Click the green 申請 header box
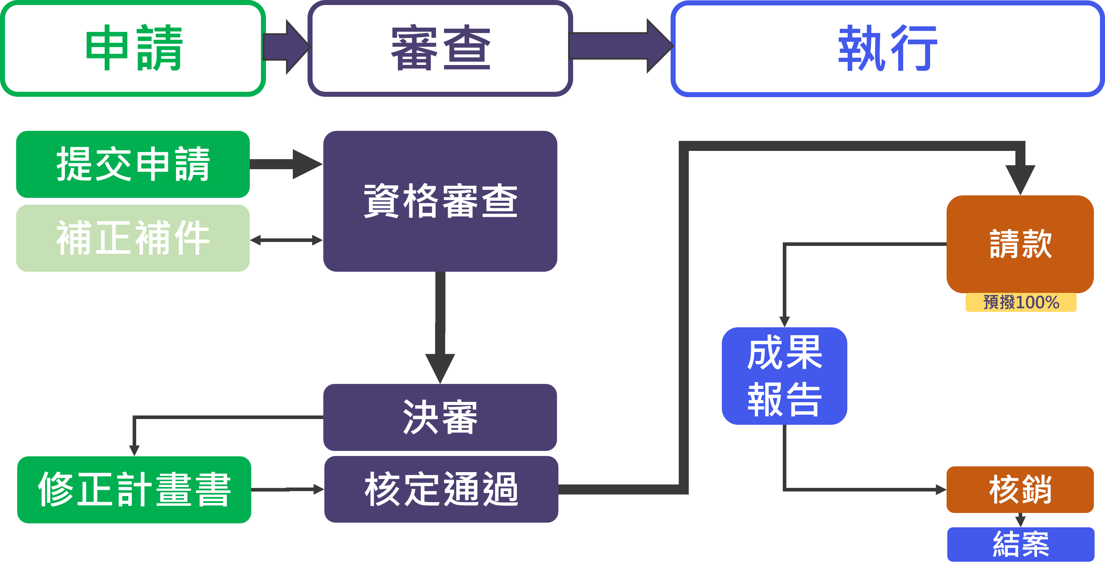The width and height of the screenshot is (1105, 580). pyautogui.click(x=133, y=48)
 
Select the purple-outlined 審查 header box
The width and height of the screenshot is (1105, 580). pyautogui.click(x=440, y=48)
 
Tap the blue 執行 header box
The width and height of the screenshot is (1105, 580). pyautogui.click(x=887, y=48)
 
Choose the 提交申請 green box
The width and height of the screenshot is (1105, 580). pyautogui.click(x=133, y=164)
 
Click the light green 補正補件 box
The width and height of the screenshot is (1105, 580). pyautogui.click(x=133, y=238)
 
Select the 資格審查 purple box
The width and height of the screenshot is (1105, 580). pyautogui.click(x=440, y=201)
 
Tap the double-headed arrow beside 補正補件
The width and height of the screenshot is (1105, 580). pyautogui.click(x=286, y=240)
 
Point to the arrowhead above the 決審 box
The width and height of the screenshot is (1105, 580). pyautogui.click(x=440, y=367)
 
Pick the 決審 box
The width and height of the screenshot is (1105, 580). pyautogui.click(x=440, y=417)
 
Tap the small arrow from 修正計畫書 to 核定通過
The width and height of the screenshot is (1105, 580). pyautogui.click(x=287, y=489)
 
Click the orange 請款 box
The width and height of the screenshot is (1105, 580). pyautogui.click(x=1020, y=244)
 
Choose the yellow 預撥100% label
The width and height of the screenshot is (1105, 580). pyautogui.click(x=1021, y=303)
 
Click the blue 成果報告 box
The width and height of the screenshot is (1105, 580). pyautogui.click(x=784, y=376)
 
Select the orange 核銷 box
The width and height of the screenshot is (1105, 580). pyautogui.click(x=1020, y=489)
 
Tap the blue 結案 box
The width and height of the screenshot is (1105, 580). pyautogui.click(x=1021, y=544)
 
